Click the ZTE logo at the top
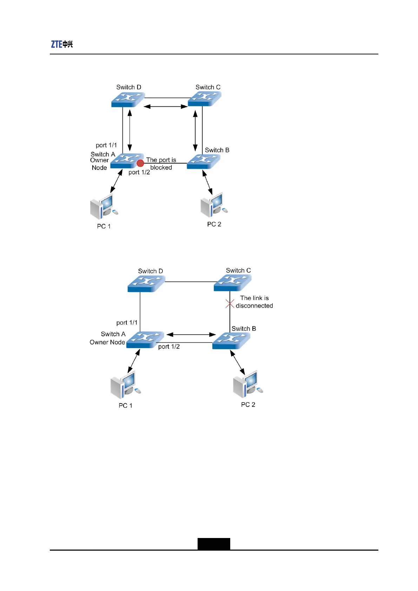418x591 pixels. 62,44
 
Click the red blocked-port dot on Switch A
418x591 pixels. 140,163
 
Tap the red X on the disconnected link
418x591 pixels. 230,304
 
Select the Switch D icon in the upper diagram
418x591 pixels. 128,99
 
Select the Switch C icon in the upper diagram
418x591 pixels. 205,99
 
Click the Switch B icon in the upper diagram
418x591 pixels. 204,162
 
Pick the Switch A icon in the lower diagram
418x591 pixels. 145,340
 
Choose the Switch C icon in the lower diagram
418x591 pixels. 232,283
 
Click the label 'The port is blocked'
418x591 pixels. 161,164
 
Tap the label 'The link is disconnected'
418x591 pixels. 254,302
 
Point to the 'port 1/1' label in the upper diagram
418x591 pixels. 106,145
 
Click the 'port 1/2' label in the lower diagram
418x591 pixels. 169,347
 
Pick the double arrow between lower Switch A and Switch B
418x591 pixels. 191,334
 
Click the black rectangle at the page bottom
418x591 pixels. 214,544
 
